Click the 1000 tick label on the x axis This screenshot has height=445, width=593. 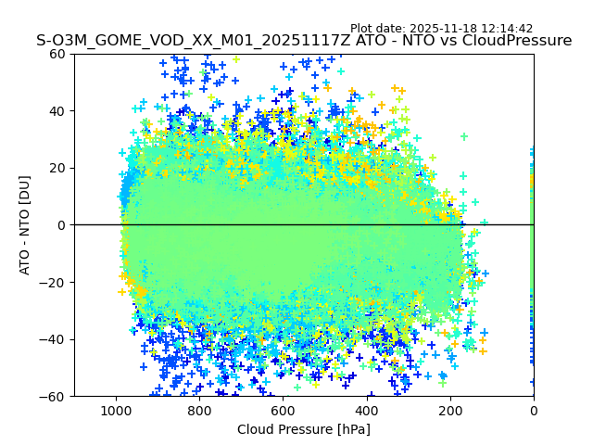pyautogui.click(x=116, y=411)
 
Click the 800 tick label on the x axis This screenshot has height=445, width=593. pyautogui.click(x=199, y=411)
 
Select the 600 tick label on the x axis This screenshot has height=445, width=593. pyautogui.click(x=283, y=411)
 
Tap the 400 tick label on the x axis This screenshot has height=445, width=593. pyautogui.click(x=366, y=411)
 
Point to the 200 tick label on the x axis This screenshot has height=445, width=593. pyautogui.click(x=450, y=411)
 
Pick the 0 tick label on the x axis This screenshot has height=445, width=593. pyautogui.click(x=534, y=411)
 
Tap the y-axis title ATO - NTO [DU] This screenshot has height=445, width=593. pyautogui.click(x=25, y=225)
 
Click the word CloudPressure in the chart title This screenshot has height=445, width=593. pyautogui.click(x=518, y=41)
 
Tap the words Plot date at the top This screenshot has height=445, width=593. pyautogui.click(x=374, y=29)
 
